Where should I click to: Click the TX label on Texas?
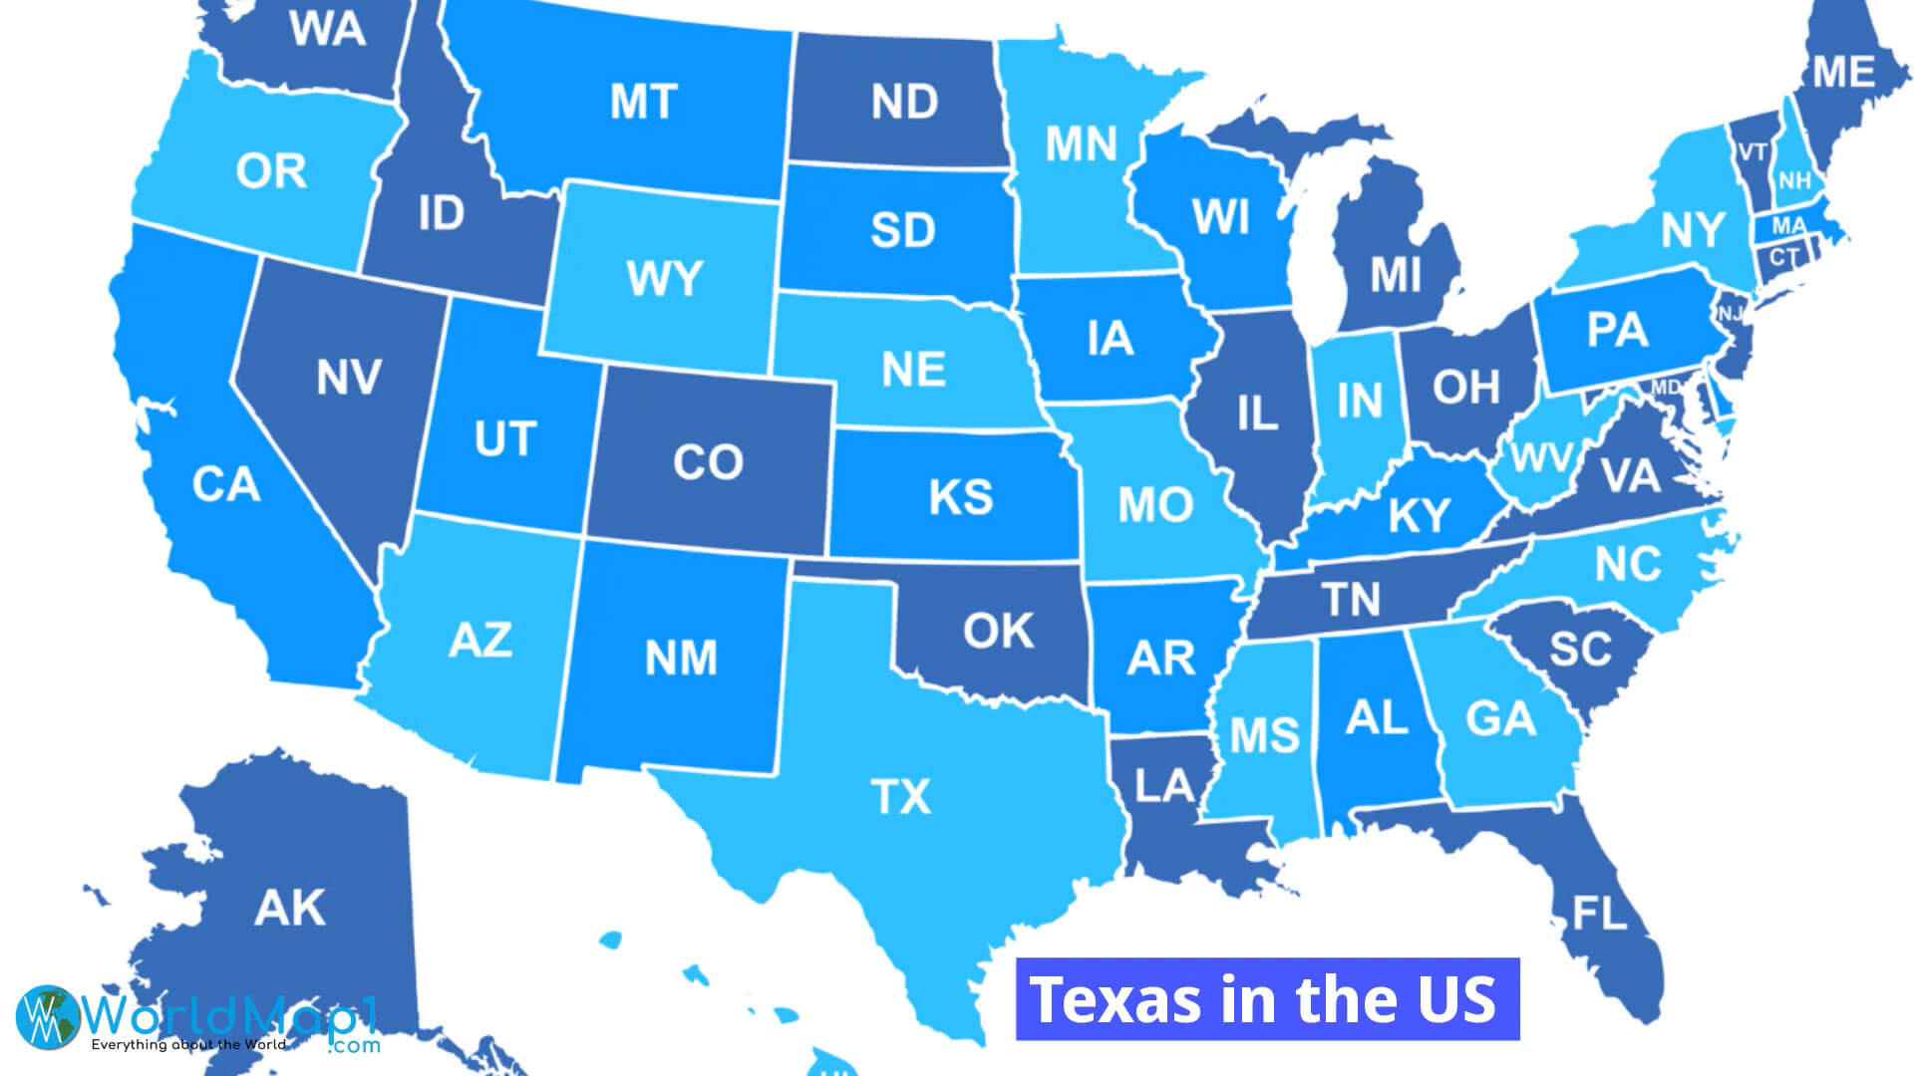[x=900, y=797]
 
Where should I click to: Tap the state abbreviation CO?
[x=708, y=462]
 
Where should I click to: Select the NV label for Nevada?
[x=349, y=378]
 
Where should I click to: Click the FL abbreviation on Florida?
[x=1599, y=913]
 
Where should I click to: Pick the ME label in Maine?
[x=1843, y=72]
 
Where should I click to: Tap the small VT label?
[x=1753, y=152]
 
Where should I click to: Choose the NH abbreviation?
[x=1794, y=181]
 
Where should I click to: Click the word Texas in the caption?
[x=1115, y=999]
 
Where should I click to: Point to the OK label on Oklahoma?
[x=998, y=631]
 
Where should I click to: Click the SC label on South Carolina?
[x=1580, y=650]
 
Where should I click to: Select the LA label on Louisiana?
[x=1164, y=786]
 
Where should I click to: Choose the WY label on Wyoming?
[x=664, y=279]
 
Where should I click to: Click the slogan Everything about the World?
[x=188, y=1045]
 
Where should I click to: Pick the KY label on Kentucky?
[x=1419, y=516]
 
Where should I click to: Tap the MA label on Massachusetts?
[x=1788, y=226]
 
